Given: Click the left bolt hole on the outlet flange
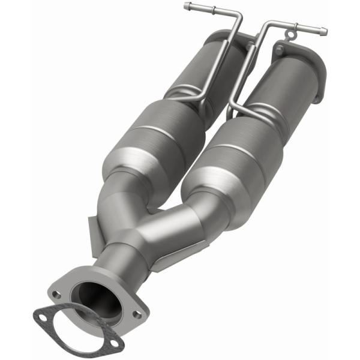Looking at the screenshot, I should (x=56, y=295).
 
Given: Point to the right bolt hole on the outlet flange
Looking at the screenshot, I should (x=137, y=313).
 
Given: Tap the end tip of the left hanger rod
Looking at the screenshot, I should (x=187, y=7).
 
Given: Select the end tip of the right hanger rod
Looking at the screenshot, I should (x=325, y=29).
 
